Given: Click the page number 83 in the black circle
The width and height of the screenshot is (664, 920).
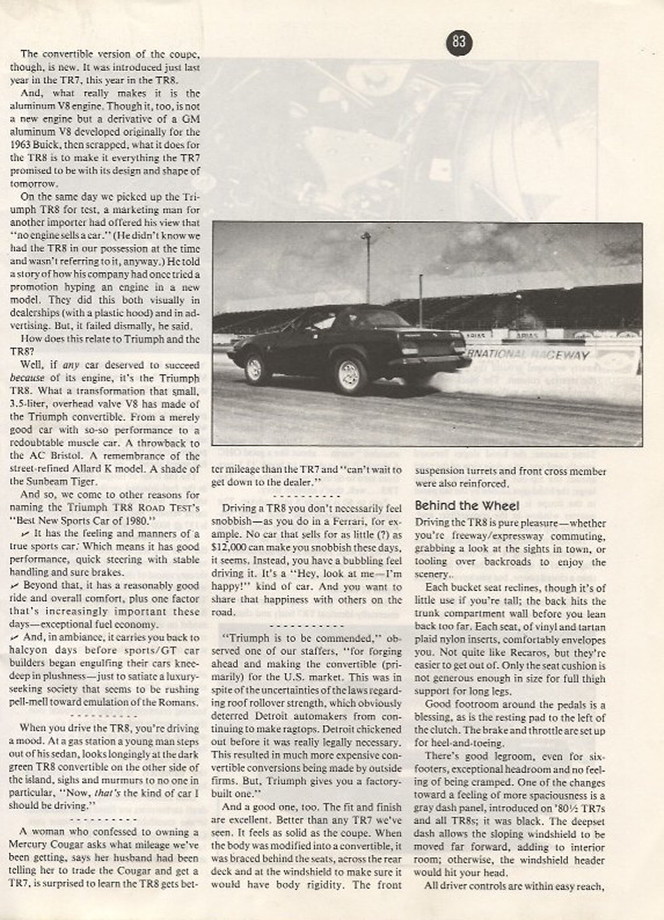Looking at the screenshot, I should point(459,42).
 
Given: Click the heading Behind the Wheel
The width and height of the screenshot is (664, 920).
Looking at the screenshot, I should point(467,506).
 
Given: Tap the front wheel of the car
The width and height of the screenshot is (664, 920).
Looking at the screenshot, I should point(255,369).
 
